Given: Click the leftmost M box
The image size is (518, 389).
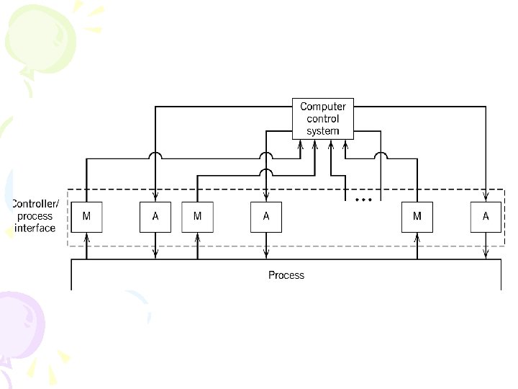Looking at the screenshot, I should pos(86,217).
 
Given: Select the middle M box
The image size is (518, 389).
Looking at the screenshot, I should pos(197,217).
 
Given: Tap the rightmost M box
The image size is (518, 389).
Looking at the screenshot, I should pos(417,217).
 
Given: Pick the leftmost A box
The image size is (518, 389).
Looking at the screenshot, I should pos(155,217).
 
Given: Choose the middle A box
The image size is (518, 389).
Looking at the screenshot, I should pos(266,217).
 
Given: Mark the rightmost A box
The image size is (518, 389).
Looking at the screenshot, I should pos(486,217).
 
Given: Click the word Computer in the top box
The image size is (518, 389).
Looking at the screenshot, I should pos(327,107).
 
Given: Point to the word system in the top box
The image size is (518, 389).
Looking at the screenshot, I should pos(327,131).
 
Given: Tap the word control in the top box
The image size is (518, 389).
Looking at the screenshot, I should pos(327,119).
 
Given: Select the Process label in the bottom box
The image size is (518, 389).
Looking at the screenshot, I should pos(286,274).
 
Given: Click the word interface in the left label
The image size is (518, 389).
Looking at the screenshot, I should pos(35,228).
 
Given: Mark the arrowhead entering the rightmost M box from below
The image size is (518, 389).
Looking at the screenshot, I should pos(417,235).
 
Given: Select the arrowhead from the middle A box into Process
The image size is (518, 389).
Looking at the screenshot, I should pos(266,255).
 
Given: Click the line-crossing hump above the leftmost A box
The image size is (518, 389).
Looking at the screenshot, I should pos(155,155).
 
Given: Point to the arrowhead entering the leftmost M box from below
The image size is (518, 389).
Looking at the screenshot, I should pos(86,235).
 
